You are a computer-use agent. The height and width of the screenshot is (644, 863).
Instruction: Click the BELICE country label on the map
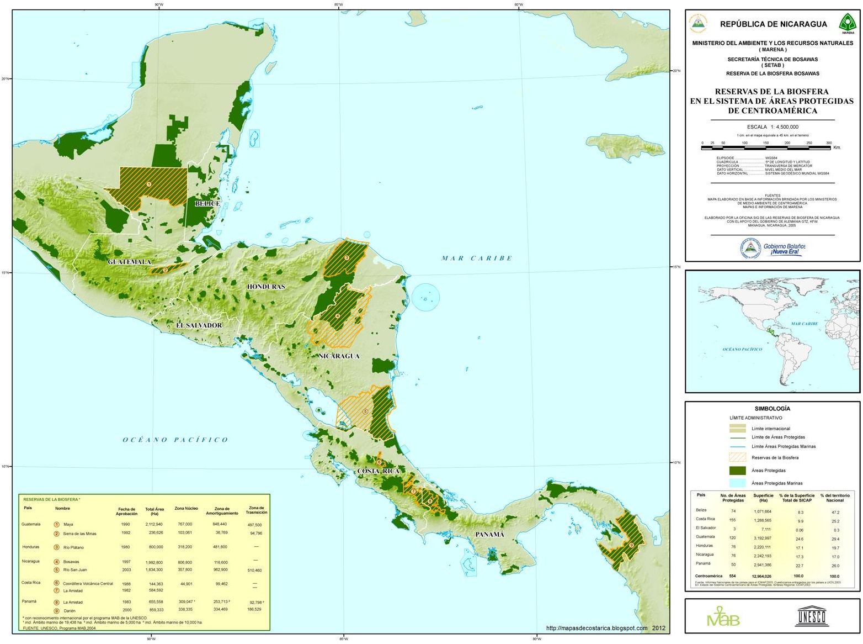click(x=207, y=204)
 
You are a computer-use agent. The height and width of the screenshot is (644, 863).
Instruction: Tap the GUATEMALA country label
click(x=129, y=262)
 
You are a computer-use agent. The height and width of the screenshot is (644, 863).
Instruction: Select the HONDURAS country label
click(x=266, y=287)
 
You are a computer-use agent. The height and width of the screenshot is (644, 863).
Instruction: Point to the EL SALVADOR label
click(x=199, y=325)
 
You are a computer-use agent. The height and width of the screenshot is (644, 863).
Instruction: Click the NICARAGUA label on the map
click(x=339, y=356)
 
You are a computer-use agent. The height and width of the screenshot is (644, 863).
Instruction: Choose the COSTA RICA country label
click(x=378, y=471)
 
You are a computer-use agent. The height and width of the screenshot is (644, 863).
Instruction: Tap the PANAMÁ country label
click(x=490, y=534)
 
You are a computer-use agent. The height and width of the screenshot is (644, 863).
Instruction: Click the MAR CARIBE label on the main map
click(x=477, y=258)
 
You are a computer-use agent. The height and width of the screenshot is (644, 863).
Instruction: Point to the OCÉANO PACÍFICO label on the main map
click(x=175, y=440)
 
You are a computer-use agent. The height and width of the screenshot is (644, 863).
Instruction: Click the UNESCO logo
click(x=811, y=616)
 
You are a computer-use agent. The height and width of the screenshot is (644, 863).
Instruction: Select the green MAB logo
click(x=723, y=616)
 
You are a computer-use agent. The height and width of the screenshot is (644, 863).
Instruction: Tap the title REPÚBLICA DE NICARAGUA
click(x=773, y=24)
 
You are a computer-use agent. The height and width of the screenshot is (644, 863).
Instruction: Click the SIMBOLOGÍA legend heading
click(x=772, y=409)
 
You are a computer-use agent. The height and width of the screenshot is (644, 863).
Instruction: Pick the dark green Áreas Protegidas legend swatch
click(x=737, y=471)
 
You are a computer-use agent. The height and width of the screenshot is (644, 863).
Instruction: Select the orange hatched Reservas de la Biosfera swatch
click(x=737, y=457)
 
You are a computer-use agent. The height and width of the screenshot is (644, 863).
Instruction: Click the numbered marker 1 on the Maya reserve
click(x=148, y=183)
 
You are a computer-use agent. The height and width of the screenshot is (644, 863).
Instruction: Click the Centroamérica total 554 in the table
click(x=733, y=576)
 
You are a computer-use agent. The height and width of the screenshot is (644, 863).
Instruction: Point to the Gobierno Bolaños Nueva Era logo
click(x=773, y=249)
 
